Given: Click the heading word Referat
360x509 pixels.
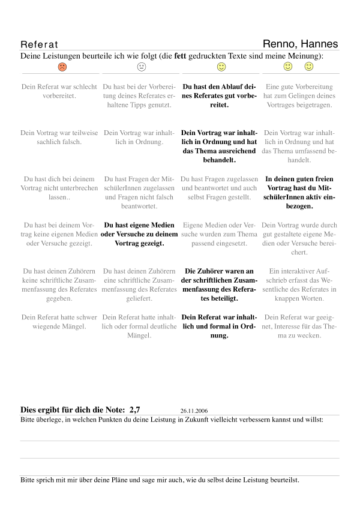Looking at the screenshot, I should click(x=40, y=45).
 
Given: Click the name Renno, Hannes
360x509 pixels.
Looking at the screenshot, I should click(x=300, y=44).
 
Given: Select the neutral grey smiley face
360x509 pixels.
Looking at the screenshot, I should click(x=142, y=67).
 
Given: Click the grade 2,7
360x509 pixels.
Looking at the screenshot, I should click(x=134, y=410).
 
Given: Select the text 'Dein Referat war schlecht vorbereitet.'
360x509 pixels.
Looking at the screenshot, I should click(x=59, y=91).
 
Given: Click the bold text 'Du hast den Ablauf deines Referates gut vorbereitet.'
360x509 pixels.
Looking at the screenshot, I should click(x=220, y=95).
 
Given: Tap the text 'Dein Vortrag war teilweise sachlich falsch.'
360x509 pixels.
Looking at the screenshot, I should click(x=59, y=137).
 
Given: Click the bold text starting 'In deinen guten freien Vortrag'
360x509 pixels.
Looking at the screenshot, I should click(x=299, y=192).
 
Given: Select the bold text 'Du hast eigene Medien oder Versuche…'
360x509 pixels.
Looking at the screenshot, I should click(x=140, y=234).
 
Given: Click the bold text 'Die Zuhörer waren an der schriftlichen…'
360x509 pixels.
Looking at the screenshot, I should click(x=220, y=284).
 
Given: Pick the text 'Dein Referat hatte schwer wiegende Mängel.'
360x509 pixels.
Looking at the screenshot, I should click(x=59, y=322).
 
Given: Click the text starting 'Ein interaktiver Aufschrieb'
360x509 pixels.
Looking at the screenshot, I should click(x=299, y=284).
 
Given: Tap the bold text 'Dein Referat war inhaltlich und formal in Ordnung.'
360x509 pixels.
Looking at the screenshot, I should click(x=220, y=326).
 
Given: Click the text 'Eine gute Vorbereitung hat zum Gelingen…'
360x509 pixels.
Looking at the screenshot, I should click(x=299, y=95).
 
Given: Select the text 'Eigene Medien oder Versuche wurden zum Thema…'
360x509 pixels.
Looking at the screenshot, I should click(x=220, y=234).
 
